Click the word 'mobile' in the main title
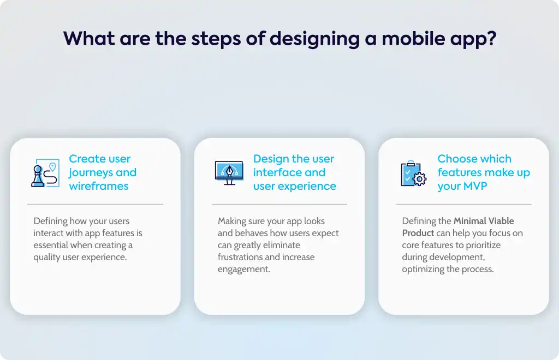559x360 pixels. [413, 39]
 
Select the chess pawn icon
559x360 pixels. [38, 176]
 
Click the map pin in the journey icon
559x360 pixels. [52, 167]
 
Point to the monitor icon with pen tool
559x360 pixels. [229, 173]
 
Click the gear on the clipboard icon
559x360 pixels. [420, 179]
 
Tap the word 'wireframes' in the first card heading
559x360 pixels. [99, 186]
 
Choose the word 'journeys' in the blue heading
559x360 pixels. [91, 173]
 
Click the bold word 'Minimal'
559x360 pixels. [469, 221]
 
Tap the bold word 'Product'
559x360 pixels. [418, 233]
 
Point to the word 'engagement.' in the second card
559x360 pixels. [244, 269]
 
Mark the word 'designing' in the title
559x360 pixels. [314, 39]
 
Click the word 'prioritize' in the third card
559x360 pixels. [483, 245]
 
